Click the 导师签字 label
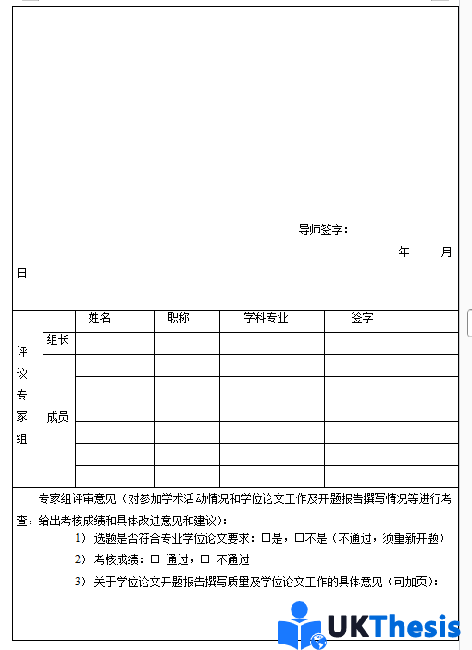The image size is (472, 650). [x=323, y=229]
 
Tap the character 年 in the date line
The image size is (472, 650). [x=404, y=251]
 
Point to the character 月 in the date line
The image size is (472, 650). [x=447, y=251]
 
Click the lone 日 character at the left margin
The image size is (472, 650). [x=21, y=274]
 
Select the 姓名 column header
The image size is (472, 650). [x=100, y=318]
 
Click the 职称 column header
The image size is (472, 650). [x=179, y=318]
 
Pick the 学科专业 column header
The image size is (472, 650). [x=267, y=318]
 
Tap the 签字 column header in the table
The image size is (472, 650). [x=362, y=318]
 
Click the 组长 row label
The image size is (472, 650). [x=57, y=340]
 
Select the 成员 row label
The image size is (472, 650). [x=57, y=417]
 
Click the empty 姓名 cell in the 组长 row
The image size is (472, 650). [x=114, y=342]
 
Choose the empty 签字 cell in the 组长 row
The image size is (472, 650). [x=391, y=342]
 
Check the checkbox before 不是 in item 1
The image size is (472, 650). [x=299, y=538]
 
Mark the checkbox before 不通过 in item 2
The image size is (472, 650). [x=205, y=559]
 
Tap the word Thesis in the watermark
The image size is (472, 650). [x=416, y=626]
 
